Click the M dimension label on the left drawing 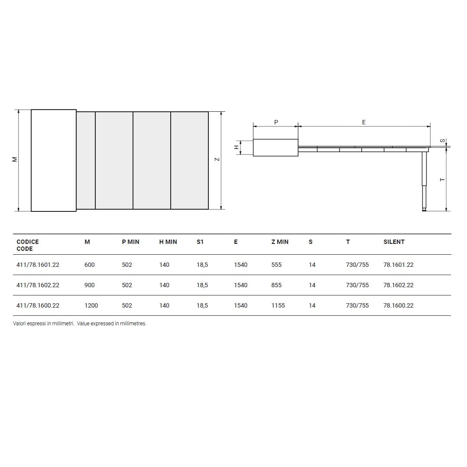tap(15, 159)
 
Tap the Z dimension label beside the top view tap(217, 159)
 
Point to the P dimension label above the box tap(276, 122)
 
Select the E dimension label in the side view tap(363, 122)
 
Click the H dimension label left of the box tap(236, 147)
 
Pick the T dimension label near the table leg tap(442, 180)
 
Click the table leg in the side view tap(424, 182)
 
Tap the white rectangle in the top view tap(54, 161)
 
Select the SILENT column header tap(394, 242)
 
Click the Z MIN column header tap(280, 242)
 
